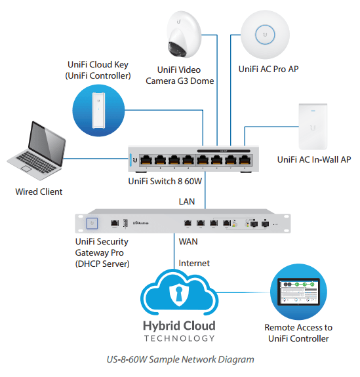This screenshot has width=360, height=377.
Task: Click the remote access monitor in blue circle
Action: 298,292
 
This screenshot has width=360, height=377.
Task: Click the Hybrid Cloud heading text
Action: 179,326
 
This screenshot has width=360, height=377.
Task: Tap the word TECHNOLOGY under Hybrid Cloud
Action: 179,338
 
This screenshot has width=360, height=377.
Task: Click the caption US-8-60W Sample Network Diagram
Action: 180,359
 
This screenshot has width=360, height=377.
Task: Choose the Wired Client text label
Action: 39,191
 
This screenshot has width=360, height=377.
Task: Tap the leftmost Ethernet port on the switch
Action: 144,159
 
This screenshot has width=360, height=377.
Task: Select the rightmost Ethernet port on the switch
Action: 245,159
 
